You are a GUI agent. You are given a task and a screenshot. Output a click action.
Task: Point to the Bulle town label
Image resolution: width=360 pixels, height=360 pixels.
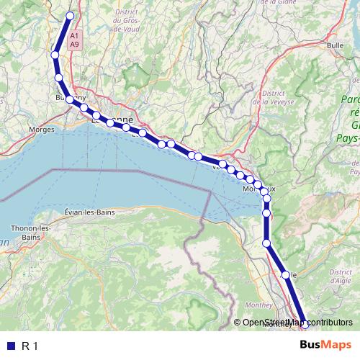[334, 45]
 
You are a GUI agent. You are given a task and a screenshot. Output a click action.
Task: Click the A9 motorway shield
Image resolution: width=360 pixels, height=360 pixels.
[75, 44]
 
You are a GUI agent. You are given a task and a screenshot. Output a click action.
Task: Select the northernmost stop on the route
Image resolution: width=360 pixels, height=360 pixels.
[71, 15]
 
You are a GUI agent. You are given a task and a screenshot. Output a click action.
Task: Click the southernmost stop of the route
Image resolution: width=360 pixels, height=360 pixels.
[305, 325]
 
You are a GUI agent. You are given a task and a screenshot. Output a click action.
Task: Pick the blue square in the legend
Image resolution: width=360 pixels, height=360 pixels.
[10, 346]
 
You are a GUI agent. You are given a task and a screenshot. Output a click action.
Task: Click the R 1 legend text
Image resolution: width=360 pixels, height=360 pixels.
[30, 346]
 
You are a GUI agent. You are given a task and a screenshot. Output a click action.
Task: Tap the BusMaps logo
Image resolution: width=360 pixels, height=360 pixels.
[326, 346]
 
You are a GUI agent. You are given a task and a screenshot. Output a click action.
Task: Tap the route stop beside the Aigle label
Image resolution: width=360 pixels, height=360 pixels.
[285, 275]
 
